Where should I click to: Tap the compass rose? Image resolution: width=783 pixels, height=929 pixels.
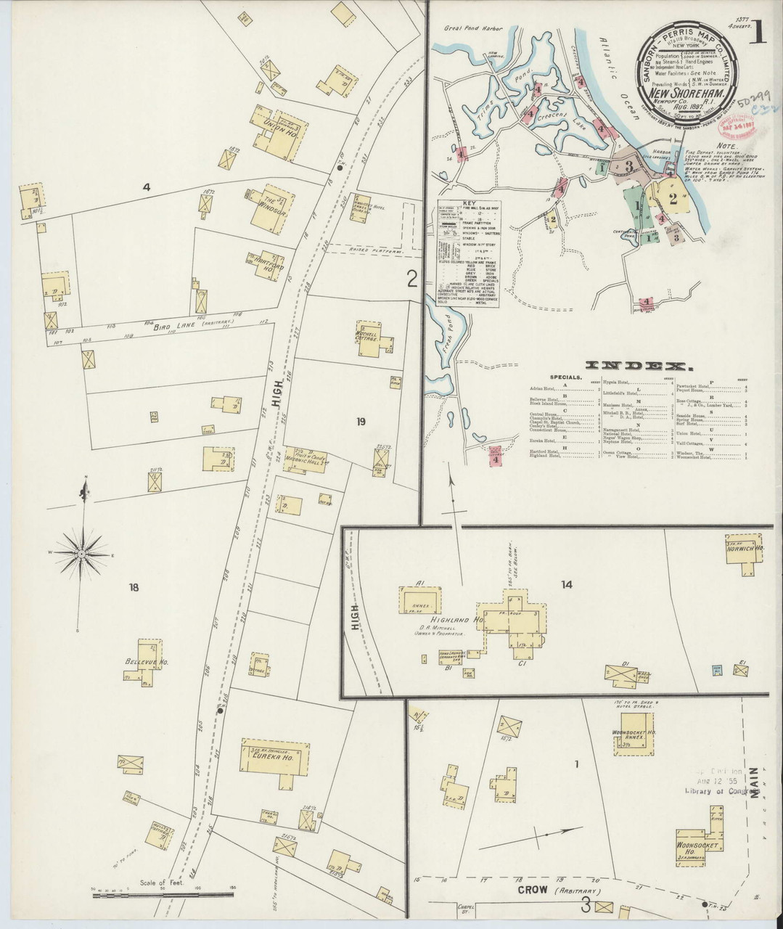[83, 554]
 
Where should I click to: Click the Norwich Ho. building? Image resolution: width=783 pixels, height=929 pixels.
[743, 549]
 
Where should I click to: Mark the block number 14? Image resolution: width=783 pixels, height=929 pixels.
[566, 584]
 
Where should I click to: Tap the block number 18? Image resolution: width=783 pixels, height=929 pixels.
[134, 586]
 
